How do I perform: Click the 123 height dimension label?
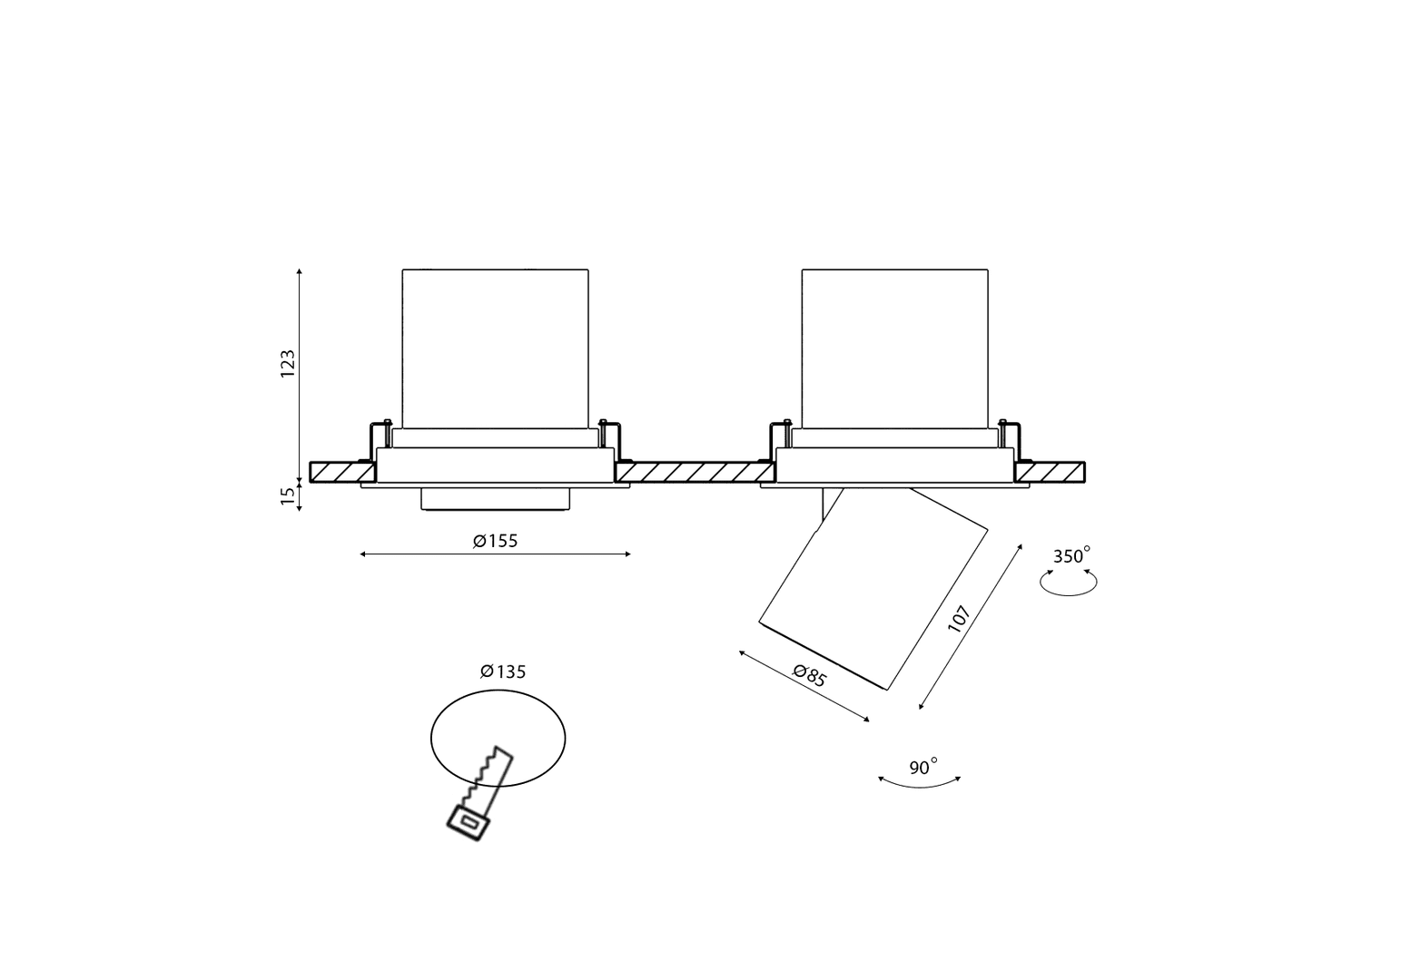(x=287, y=363)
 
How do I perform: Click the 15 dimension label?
(x=287, y=495)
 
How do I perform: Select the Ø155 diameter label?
(x=496, y=541)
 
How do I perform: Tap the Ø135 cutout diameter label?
(x=503, y=671)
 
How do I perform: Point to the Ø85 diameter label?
(x=810, y=676)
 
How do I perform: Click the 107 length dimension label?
(x=959, y=619)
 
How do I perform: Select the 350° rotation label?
(x=1071, y=555)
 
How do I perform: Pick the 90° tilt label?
(x=923, y=766)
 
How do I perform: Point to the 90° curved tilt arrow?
(x=920, y=787)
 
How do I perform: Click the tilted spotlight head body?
(x=873, y=588)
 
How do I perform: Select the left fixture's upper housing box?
(x=496, y=348)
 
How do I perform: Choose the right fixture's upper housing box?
(x=895, y=348)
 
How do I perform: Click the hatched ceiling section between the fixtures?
(x=695, y=472)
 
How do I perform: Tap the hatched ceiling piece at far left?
(x=342, y=472)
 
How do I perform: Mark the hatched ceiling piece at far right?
(x=1050, y=472)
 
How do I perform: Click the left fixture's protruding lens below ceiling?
(x=496, y=499)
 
